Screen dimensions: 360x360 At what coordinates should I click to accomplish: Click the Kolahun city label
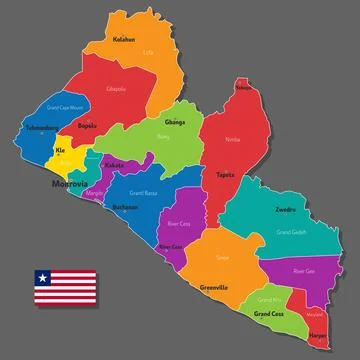click(x=125, y=42)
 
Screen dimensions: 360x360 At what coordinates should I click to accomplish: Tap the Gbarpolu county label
click(x=116, y=89)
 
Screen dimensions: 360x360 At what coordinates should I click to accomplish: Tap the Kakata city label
click(x=114, y=164)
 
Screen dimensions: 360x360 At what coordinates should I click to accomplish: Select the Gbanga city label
click(x=175, y=122)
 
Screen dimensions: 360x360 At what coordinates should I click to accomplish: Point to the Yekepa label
click(x=242, y=88)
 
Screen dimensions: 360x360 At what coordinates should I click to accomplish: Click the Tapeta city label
click(x=225, y=174)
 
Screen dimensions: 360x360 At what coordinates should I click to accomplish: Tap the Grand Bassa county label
click(x=145, y=191)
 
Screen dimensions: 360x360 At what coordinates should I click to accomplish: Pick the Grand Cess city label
click(x=268, y=314)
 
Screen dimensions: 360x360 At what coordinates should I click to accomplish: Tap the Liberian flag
click(x=66, y=288)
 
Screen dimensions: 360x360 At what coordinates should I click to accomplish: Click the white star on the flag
click(x=43, y=276)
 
